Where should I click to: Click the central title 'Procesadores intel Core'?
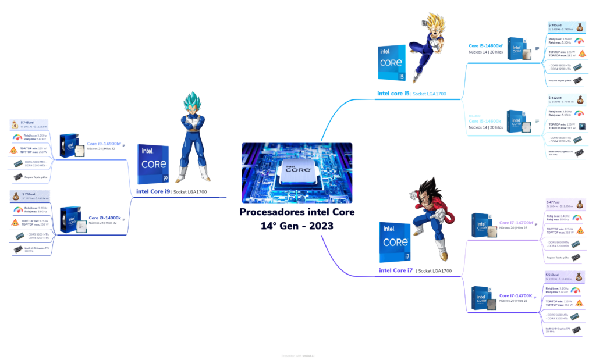(297, 212)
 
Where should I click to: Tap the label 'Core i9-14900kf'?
(104, 144)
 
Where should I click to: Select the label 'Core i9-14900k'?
(105, 218)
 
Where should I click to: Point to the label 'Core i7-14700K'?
(516, 296)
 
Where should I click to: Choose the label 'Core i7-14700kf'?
(516, 223)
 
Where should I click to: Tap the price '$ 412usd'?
(555, 98)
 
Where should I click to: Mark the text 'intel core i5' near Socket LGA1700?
(393, 93)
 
